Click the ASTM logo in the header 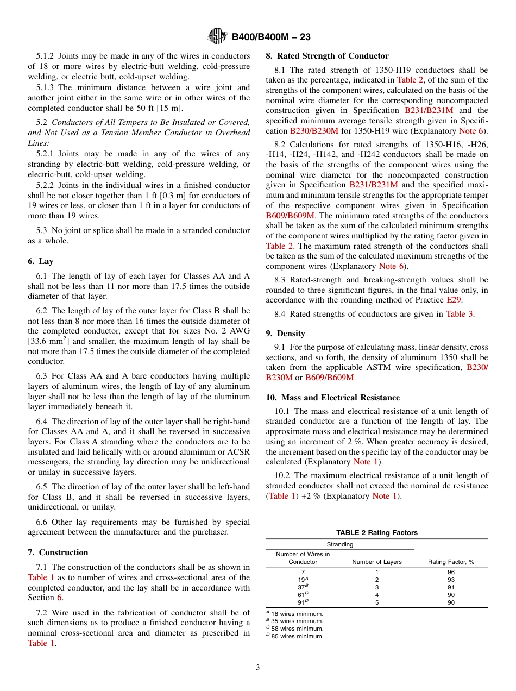217,36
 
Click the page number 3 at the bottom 258,668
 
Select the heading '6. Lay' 41,261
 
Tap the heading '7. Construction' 58,552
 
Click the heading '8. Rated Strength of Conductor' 327,56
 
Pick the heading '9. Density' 285,334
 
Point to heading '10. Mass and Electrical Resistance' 332,398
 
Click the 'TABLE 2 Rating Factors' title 376,533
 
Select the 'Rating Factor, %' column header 451,562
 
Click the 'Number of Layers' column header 376,562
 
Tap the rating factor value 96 451,572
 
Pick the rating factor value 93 451,580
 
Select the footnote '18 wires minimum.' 297,614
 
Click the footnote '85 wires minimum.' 297,636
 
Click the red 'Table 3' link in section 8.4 460,314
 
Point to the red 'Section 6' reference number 60,598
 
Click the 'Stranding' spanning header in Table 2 339,544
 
